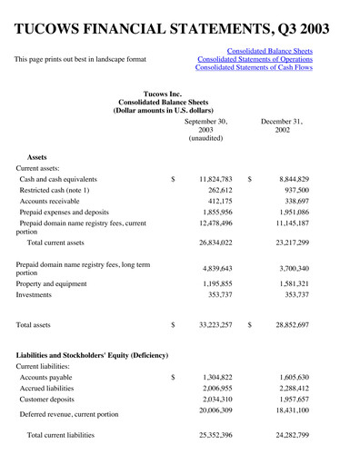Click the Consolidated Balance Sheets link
(x=269, y=52)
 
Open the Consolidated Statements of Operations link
(x=255, y=60)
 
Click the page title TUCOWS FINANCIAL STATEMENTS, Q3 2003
(x=179, y=27)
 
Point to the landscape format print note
(x=80, y=60)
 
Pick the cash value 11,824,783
(x=215, y=180)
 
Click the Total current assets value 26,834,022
(x=215, y=243)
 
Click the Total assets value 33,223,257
(x=215, y=324)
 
